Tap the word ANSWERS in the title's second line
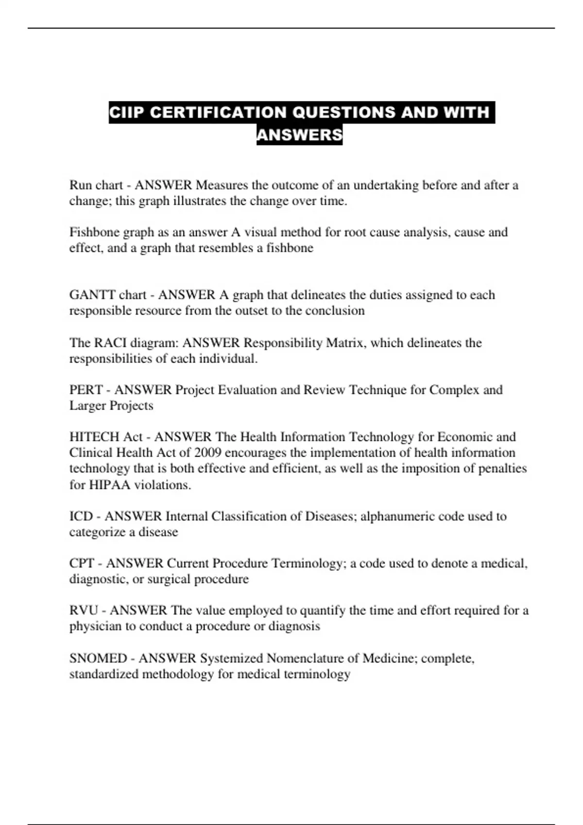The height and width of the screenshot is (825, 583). pos(299,134)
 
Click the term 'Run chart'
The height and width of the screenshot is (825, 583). pos(96,185)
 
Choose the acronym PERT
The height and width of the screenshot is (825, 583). pos(86,390)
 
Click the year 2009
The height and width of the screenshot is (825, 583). pos(207,453)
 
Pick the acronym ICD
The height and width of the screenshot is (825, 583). pos(81,516)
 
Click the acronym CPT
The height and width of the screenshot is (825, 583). pos(82,563)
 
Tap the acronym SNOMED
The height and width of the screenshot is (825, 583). pos(98,659)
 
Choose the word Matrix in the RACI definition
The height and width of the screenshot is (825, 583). pos(346,343)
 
